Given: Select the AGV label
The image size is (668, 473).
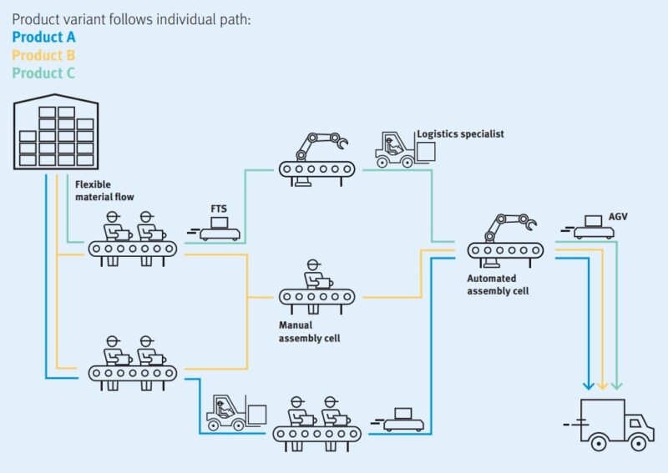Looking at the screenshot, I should (x=618, y=216).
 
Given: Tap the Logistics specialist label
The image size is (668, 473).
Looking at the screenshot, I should (x=460, y=133).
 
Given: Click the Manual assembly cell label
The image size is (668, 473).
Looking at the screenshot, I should (x=309, y=331).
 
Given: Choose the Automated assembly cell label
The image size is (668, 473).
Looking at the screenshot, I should (x=498, y=284).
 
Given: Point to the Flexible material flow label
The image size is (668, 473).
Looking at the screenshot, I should (x=104, y=190).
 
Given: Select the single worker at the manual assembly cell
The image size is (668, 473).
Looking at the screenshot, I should (x=315, y=276).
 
